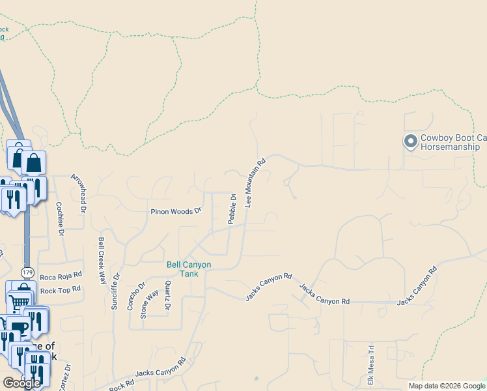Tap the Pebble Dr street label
[x=231, y=209]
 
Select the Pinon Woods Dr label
[x=176, y=211]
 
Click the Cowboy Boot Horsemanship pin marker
[x=410, y=141]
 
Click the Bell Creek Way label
[x=102, y=259]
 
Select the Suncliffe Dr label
[x=115, y=291]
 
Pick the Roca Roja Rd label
[x=61, y=276]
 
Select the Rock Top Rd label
[x=61, y=289]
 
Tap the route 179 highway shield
[x=27, y=271]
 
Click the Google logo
[x=21, y=383]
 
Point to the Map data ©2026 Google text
[x=446, y=386]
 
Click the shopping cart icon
[x=20, y=302]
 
